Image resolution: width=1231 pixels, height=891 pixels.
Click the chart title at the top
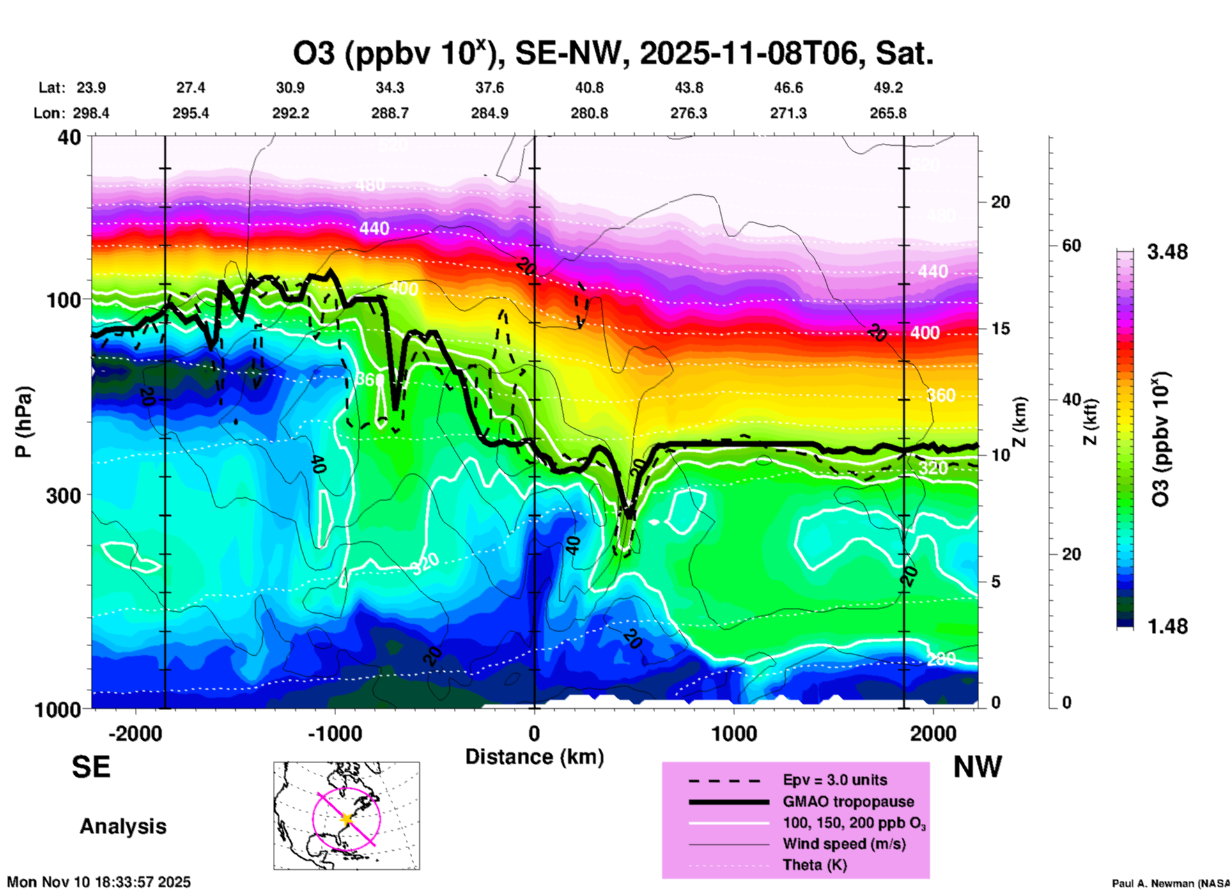pyautogui.click(x=614, y=54)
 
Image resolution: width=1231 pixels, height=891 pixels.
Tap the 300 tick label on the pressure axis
pyautogui.click(x=63, y=495)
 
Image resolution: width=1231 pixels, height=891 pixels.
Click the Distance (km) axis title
pyautogui.click(x=534, y=757)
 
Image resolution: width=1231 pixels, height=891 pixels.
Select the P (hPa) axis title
pyautogui.click(x=24, y=422)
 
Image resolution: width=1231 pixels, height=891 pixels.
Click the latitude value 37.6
pyautogui.click(x=490, y=88)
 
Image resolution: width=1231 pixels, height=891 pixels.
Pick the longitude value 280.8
pyautogui.click(x=589, y=113)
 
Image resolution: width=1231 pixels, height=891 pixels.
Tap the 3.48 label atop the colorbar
pyautogui.click(x=1167, y=252)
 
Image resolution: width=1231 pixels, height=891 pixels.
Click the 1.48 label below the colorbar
pyautogui.click(x=1167, y=626)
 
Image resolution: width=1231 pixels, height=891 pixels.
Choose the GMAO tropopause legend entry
pyautogui.click(x=848, y=802)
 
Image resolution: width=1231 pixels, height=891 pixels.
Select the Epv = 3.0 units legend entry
pyautogui.click(x=835, y=780)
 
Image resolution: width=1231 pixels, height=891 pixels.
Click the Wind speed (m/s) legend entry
pyautogui.click(x=844, y=844)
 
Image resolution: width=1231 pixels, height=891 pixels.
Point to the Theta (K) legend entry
pyautogui.click(x=814, y=865)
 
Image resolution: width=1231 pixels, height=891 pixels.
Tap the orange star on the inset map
pyautogui.click(x=347, y=819)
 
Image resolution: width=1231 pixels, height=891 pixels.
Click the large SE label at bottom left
pyautogui.click(x=91, y=767)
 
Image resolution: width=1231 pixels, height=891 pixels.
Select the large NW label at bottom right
pyautogui.click(x=977, y=767)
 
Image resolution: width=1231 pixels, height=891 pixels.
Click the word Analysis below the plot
pyautogui.click(x=123, y=826)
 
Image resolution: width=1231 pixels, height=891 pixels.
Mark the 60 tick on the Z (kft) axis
pyautogui.click(x=1071, y=246)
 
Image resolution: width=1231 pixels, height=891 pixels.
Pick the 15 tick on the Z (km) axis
pyautogui.click(x=1000, y=329)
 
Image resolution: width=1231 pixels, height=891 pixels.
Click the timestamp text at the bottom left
pyautogui.click(x=99, y=882)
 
